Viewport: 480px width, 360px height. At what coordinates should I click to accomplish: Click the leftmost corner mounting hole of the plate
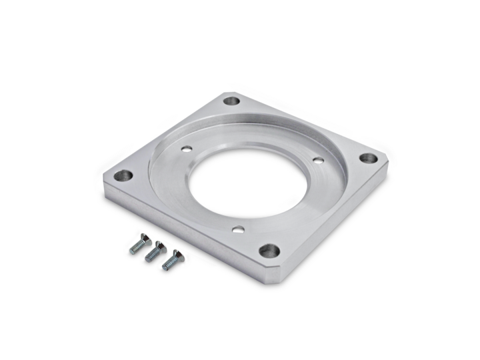(x=121, y=177)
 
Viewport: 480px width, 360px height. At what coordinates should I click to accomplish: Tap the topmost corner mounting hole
(x=231, y=103)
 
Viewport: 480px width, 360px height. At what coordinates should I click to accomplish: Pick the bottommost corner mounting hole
(x=268, y=251)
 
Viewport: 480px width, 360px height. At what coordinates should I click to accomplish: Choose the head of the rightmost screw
(x=177, y=255)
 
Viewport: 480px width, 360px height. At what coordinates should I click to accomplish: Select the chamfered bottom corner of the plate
(x=277, y=275)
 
